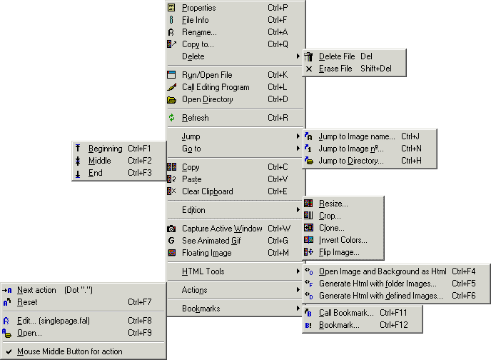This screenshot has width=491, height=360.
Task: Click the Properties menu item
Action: point(199,8)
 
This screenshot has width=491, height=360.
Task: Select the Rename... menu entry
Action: point(199,32)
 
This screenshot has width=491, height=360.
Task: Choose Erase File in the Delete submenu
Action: point(335,69)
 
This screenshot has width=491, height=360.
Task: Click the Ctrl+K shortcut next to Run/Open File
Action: point(278,75)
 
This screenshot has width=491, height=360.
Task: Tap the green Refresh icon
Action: point(171,118)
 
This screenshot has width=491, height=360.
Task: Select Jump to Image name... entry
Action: point(356,136)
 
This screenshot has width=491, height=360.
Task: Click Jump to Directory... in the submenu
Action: point(351,161)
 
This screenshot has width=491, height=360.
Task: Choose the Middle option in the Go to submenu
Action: point(100,161)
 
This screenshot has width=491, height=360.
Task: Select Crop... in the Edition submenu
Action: point(330,216)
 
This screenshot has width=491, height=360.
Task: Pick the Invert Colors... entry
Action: point(343,240)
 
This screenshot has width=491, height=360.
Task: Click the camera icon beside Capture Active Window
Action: point(171,229)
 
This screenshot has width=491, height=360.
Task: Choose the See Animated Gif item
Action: point(211,241)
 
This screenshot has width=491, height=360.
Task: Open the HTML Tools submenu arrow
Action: point(298,271)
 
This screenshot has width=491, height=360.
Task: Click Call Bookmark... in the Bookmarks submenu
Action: point(346,313)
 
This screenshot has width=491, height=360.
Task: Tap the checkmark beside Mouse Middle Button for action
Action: point(9,351)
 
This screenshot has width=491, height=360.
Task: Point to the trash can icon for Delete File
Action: point(309,56)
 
